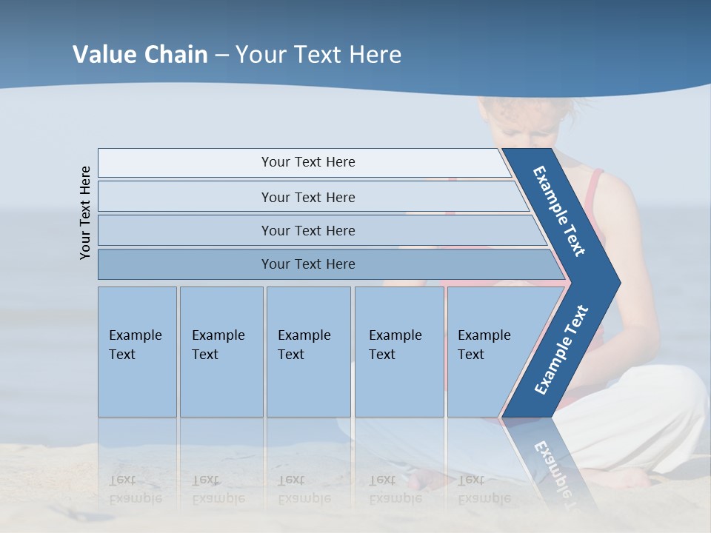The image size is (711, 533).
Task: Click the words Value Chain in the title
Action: tap(140, 55)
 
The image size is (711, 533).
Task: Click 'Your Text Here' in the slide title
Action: tap(318, 55)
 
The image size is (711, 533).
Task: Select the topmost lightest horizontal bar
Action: tap(185, 163)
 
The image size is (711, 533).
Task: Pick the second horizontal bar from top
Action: tap(185, 197)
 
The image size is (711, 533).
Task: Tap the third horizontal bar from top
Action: tap(185, 230)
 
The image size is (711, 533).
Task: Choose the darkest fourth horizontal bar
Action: tap(185, 264)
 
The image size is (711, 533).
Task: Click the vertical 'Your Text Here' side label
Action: tap(86, 212)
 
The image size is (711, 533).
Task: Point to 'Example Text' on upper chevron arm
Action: tap(559, 211)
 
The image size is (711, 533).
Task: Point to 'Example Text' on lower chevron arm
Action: tap(561, 350)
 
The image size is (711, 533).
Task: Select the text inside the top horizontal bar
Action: tap(308, 162)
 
